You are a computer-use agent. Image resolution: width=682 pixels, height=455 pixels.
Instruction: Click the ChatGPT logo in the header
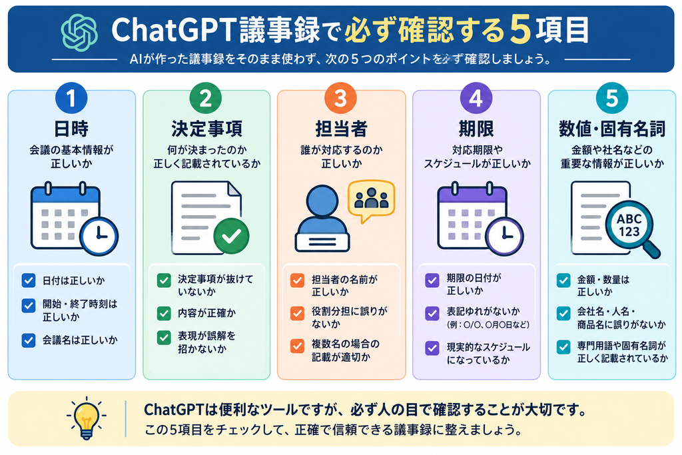tap(79, 32)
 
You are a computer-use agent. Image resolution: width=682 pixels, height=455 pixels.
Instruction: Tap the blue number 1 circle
tap(71, 99)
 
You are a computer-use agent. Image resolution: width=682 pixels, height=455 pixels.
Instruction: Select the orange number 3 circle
tap(340, 99)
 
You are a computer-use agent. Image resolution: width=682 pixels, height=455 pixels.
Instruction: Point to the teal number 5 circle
tap(611, 99)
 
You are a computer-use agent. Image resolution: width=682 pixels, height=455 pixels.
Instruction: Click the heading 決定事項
tap(206, 129)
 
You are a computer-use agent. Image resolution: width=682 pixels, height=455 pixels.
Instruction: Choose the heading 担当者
tap(341, 129)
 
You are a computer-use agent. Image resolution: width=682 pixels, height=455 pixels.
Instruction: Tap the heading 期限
tap(476, 129)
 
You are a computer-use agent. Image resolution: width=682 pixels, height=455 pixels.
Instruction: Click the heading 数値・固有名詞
tap(612, 129)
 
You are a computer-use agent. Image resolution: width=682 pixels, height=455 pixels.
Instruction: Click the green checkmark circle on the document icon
tap(231, 236)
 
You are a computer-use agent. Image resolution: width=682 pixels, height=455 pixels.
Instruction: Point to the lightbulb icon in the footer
tap(86, 418)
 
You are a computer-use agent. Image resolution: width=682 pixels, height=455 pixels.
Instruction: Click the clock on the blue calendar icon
tap(99, 236)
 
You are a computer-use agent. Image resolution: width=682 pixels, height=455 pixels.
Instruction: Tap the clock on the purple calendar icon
tap(505, 236)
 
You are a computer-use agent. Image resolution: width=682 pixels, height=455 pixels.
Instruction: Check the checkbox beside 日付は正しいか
tap(29, 280)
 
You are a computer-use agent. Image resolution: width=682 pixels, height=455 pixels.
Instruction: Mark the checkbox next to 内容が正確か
tap(164, 312)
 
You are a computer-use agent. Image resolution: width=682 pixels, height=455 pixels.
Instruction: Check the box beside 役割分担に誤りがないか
tap(298, 312)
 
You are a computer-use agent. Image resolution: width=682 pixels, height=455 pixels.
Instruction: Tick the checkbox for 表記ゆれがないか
tap(432, 312)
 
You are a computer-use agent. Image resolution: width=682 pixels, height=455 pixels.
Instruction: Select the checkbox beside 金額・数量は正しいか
tap(563, 280)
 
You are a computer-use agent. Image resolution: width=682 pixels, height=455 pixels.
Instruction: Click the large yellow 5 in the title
tap(520, 31)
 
